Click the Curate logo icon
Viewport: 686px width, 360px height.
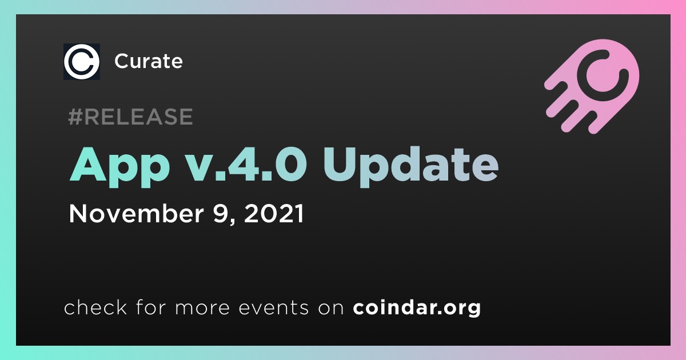tap(81, 62)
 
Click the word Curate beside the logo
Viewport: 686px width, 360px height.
tap(149, 61)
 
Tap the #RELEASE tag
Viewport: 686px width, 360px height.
tap(130, 117)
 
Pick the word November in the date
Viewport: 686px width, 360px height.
tap(136, 213)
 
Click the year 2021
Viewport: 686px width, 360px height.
tap(274, 213)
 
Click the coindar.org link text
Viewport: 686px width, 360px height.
tap(417, 307)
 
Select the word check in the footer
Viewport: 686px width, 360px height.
tap(95, 307)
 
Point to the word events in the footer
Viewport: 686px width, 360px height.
tap(273, 307)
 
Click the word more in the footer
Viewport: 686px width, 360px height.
tap(202, 308)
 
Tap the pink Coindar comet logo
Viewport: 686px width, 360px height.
tap(593, 86)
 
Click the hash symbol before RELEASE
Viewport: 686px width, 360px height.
tap(75, 117)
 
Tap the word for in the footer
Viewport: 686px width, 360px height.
tap(151, 307)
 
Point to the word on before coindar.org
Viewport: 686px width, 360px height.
tap(331, 308)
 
